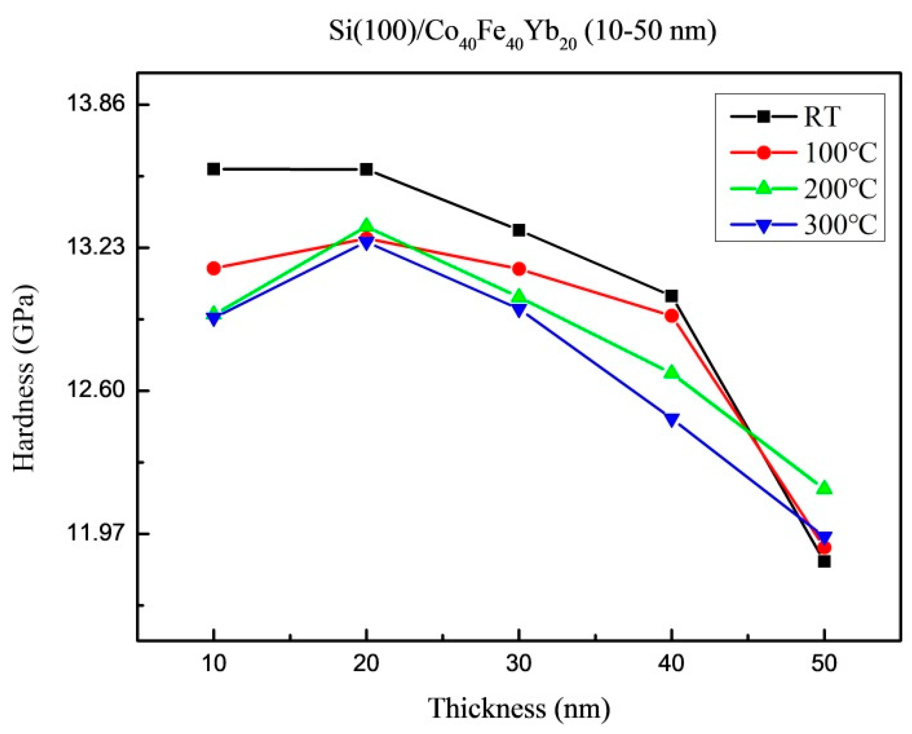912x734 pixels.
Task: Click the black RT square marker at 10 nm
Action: pyautogui.click(x=214, y=169)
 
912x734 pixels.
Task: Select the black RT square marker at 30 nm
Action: pyautogui.click(x=519, y=230)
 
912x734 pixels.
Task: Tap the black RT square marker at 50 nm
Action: pyautogui.click(x=824, y=562)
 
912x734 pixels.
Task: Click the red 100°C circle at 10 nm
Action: pyautogui.click(x=214, y=269)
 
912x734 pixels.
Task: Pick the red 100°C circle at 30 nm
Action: pyautogui.click(x=519, y=269)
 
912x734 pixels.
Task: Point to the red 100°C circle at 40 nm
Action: pyautogui.click(x=672, y=316)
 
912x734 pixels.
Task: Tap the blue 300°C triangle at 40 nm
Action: pyautogui.click(x=672, y=420)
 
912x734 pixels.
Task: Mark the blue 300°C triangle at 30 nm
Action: pyautogui.click(x=519, y=310)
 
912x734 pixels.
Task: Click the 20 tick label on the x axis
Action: pyautogui.click(x=366, y=664)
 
